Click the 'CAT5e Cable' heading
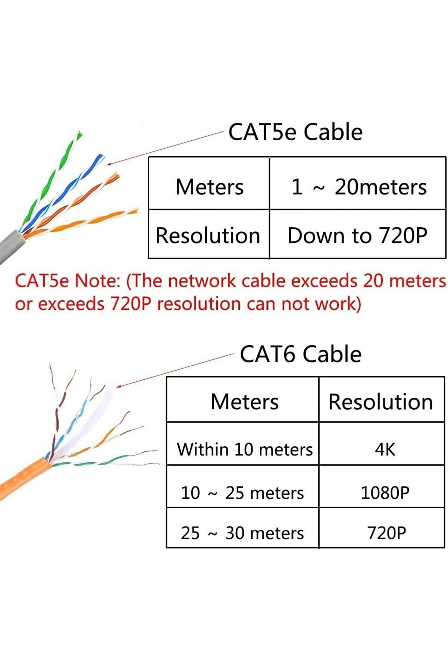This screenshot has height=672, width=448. tap(295, 132)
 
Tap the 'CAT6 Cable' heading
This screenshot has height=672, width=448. tap(300, 354)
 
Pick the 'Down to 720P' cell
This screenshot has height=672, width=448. tap(357, 235)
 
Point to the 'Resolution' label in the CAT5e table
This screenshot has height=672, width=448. tap(208, 235)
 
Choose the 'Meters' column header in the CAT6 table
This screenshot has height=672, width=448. tap(244, 402)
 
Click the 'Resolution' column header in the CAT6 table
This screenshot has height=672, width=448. tap(380, 402)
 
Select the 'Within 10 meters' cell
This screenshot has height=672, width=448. tap(245, 449)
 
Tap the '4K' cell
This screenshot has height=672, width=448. tap(385, 449)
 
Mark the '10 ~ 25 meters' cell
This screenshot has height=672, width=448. tap(242, 493)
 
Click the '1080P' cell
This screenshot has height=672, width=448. tap(385, 493)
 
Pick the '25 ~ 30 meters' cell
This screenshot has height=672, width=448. tap(242, 533)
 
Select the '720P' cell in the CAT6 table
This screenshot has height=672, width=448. tap(386, 533)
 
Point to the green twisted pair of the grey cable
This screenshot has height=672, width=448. tap(56, 175)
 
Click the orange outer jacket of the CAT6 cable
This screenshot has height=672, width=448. tap(22, 478)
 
